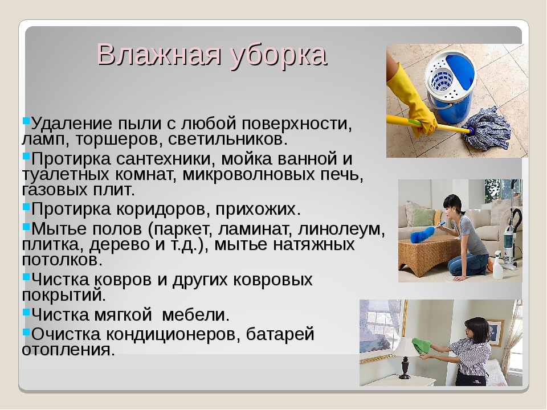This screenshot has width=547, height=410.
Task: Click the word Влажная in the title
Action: coord(159,55)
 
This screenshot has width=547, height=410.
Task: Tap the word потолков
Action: coord(62,260)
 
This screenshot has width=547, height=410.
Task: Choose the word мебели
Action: coord(196,314)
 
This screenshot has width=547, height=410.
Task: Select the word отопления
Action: coord(68,350)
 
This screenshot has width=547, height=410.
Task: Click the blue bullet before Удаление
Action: coord(26,121)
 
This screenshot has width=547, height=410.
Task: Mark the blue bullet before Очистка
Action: coord(26,331)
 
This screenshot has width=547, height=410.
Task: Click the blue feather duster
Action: coord(423,234)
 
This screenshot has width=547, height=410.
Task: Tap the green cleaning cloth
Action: coord(421,346)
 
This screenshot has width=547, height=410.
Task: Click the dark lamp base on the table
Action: coord(405,368)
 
